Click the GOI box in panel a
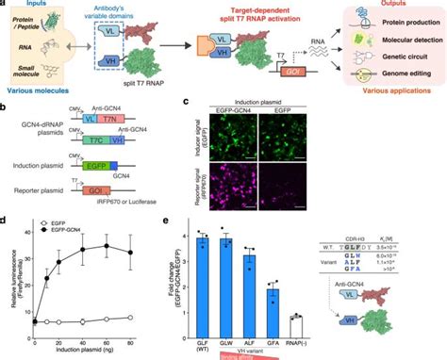(283, 83)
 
